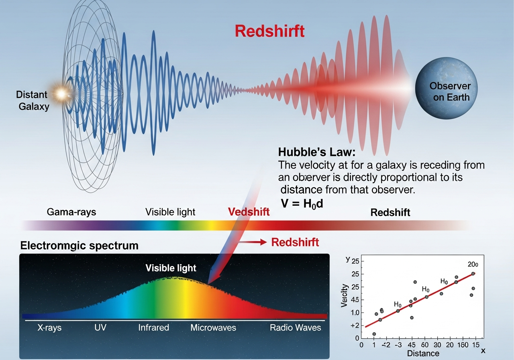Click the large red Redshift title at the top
[269, 31]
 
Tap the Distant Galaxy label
[32, 100]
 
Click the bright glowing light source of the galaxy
[61, 94]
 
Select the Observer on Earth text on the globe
[450, 92]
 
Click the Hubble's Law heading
[317, 152]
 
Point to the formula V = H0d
[302, 203]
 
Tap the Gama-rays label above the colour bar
[71, 212]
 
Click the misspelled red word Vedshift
[249, 212]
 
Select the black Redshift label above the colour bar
[390, 213]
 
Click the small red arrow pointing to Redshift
[253, 242]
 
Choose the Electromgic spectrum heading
[79, 245]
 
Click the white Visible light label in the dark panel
[171, 268]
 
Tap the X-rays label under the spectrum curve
[49, 327]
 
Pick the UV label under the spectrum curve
[100, 327]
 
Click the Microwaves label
[213, 327]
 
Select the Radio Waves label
[296, 327]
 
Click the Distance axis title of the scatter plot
[423, 353]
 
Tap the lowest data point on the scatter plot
[374, 334]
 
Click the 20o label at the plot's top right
[473, 264]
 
